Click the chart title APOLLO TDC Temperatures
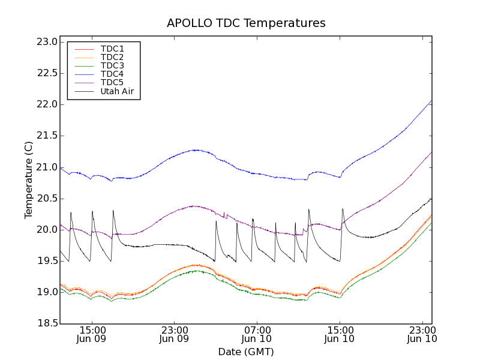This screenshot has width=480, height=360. pos(246,23)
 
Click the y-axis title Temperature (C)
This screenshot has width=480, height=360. pos(29,180)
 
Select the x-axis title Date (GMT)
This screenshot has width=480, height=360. pos(246,352)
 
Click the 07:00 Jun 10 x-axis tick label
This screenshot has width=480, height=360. pos(257,334)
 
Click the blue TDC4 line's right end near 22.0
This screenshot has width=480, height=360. pos(431,101)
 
